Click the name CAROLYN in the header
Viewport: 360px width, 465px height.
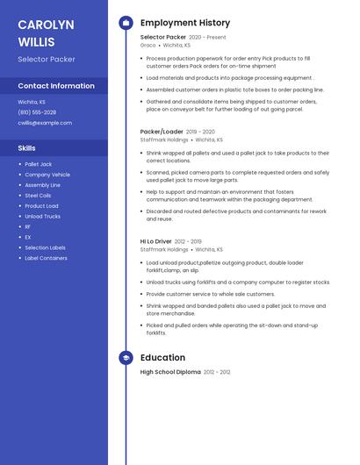tap(46, 25)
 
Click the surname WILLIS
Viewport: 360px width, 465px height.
tap(36, 42)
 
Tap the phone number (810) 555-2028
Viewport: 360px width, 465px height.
tap(37, 112)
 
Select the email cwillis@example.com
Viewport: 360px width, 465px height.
tap(45, 123)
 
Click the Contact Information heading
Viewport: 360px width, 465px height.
tap(56, 86)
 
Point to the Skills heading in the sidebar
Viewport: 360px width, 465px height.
tap(27, 148)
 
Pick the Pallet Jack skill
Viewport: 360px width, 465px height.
tap(39, 164)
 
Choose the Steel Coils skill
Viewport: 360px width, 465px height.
tap(39, 196)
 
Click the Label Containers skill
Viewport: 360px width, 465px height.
tap(46, 258)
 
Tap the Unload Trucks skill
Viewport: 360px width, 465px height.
tap(42, 216)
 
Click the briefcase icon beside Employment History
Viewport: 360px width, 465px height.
tap(126, 23)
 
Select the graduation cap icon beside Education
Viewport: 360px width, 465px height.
tap(126, 358)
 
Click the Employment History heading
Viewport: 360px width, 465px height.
tap(185, 23)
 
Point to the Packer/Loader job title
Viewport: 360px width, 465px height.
tap(162, 132)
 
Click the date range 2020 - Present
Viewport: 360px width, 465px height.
tap(207, 38)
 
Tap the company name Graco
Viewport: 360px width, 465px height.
tap(148, 45)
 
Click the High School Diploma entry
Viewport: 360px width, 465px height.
tap(169, 372)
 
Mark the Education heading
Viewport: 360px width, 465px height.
tap(162, 358)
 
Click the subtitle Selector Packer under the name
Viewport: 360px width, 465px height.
tap(47, 60)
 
